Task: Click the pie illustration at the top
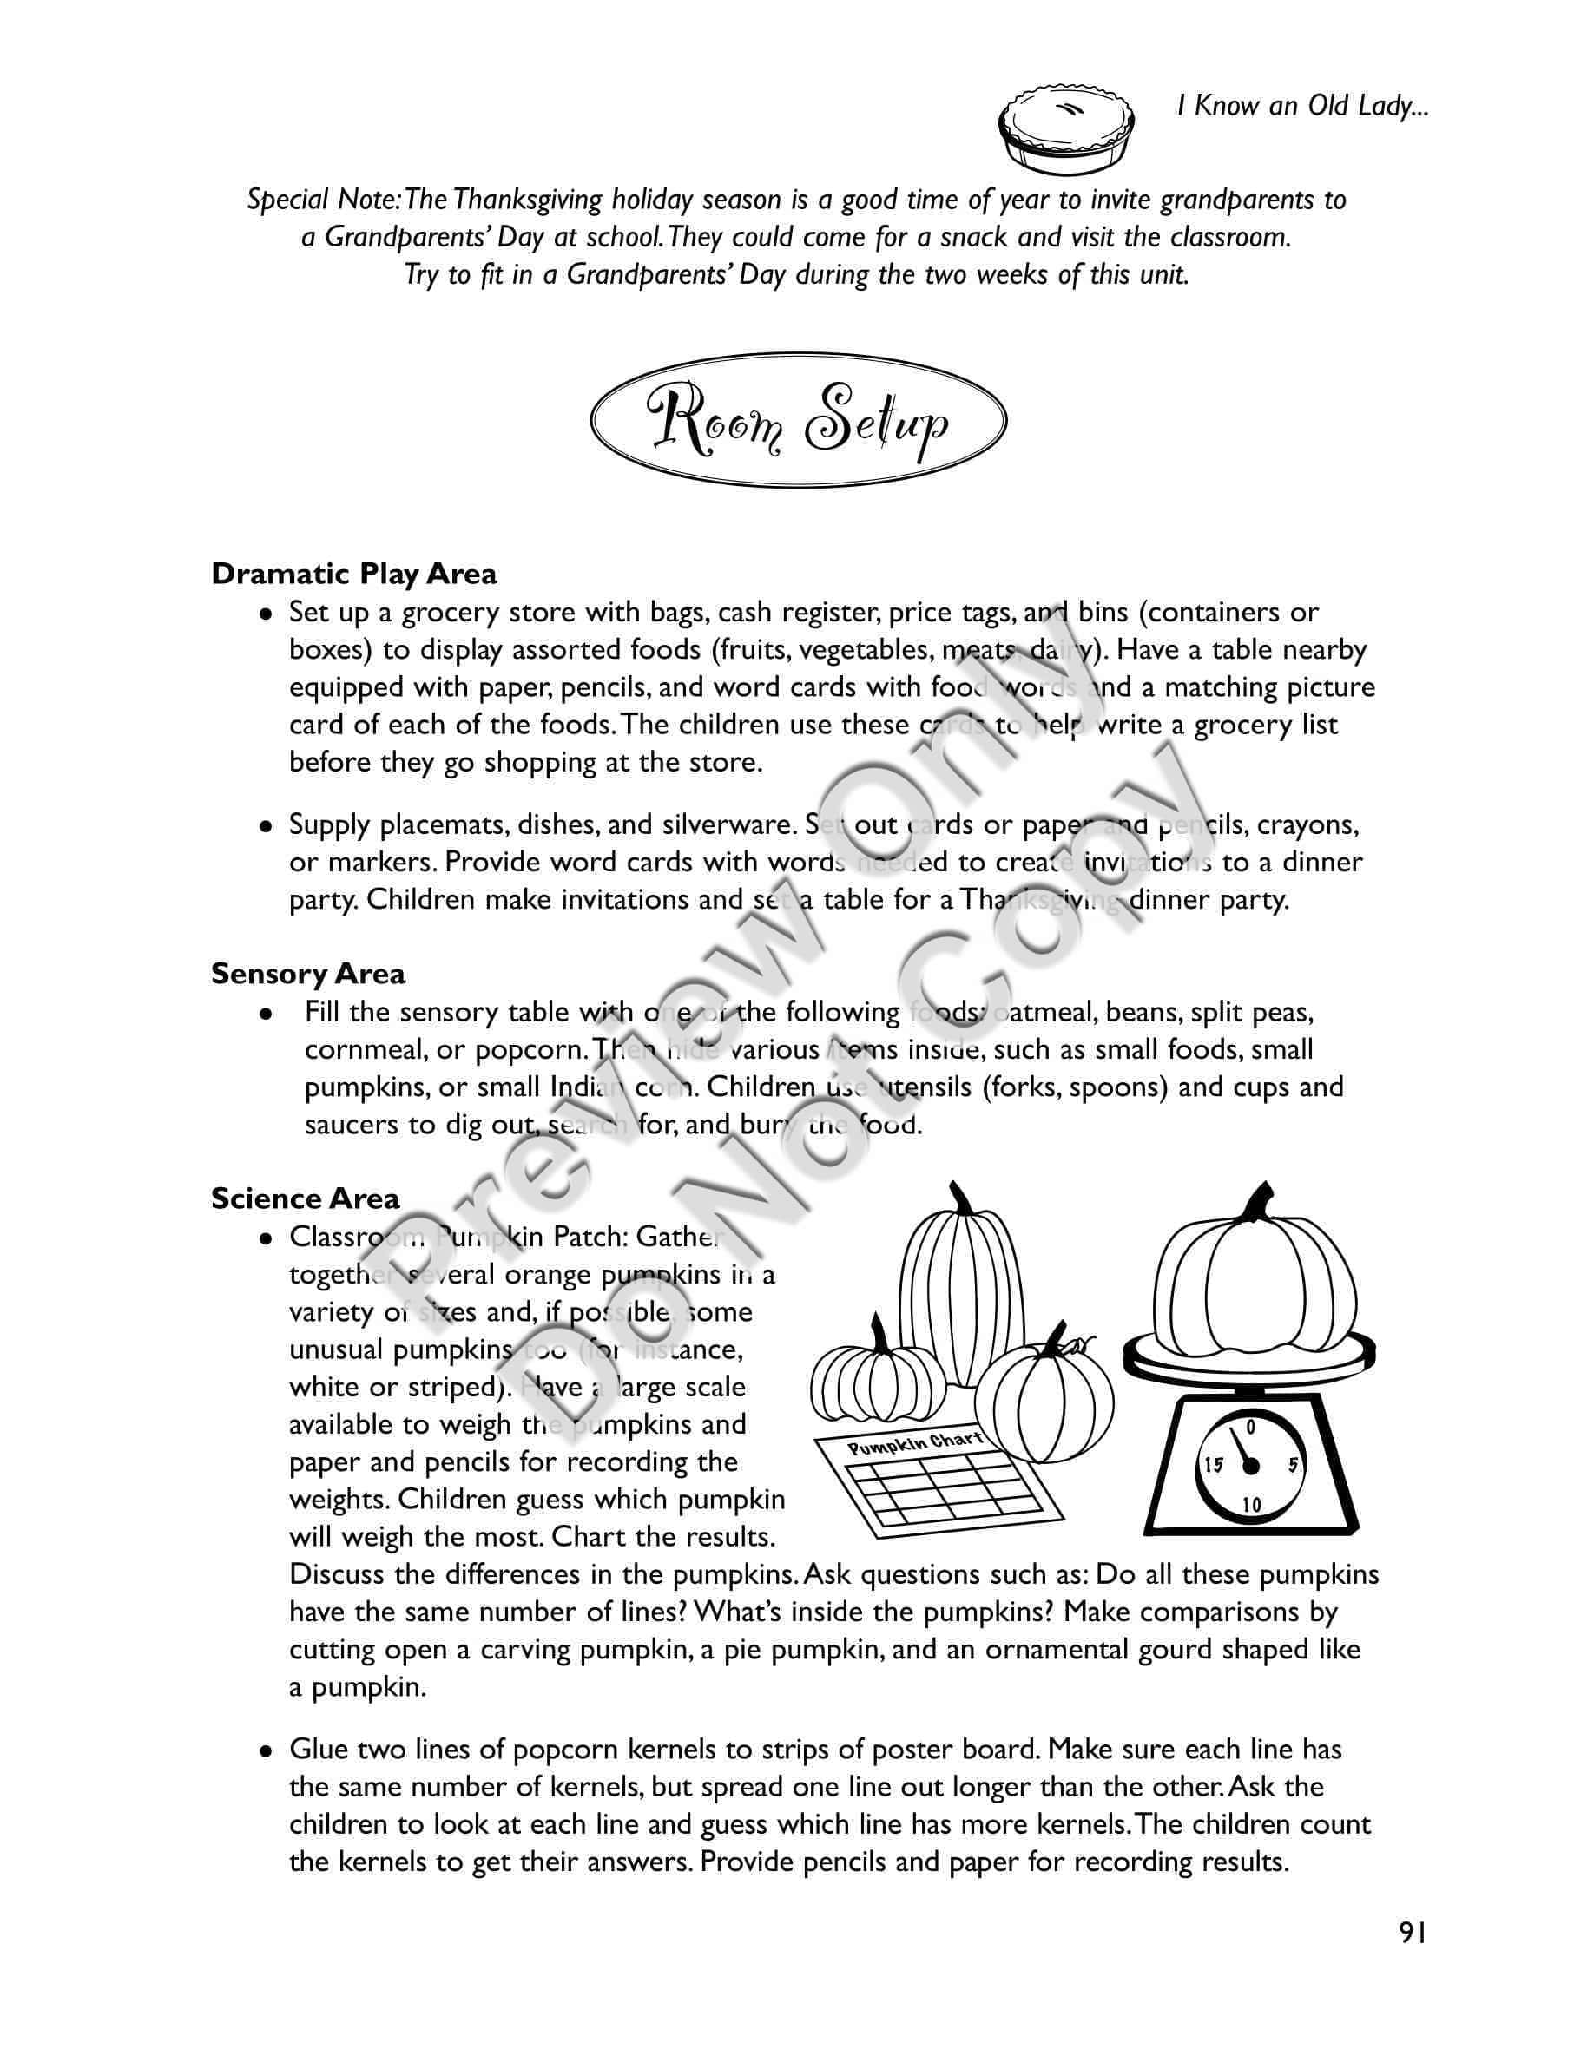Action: tap(1067, 132)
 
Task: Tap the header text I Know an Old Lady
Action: tap(1302, 106)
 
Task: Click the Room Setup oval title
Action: tap(798, 421)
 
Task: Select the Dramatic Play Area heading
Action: tap(354, 574)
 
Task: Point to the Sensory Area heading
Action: tap(308, 974)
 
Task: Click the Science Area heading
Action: tap(305, 1198)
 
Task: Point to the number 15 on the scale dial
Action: tap(1214, 1464)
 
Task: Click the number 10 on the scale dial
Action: tap(1250, 1504)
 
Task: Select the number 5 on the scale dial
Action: tap(1293, 1464)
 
